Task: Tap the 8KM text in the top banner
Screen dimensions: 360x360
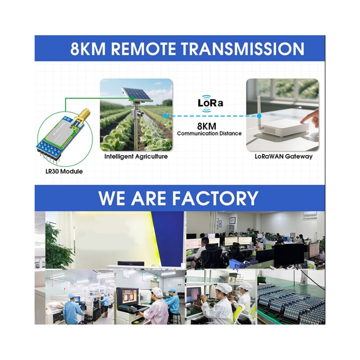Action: click(x=88, y=48)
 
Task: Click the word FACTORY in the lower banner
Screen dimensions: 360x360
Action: click(x=215, y=198)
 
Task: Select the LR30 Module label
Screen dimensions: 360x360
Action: click(x=64, y=171)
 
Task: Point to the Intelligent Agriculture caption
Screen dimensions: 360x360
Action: click(x=136, y=157)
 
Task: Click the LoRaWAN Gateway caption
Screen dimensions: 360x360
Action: click(x=284, y=156)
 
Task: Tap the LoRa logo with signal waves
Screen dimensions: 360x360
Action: click(x=210, y=103)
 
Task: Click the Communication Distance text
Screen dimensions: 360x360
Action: click(x=209, y=133)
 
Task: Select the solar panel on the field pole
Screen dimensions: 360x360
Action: click(x=137, y=94)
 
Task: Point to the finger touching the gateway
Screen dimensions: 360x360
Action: click(x=309, y=118)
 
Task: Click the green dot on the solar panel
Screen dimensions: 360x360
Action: click(x=132, y=98)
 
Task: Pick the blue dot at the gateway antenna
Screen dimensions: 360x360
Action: click(x=259, y=116)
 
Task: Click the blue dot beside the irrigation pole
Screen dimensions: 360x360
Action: click(x=165, y=116)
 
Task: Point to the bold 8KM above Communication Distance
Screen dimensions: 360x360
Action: click(x=207, y=126)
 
